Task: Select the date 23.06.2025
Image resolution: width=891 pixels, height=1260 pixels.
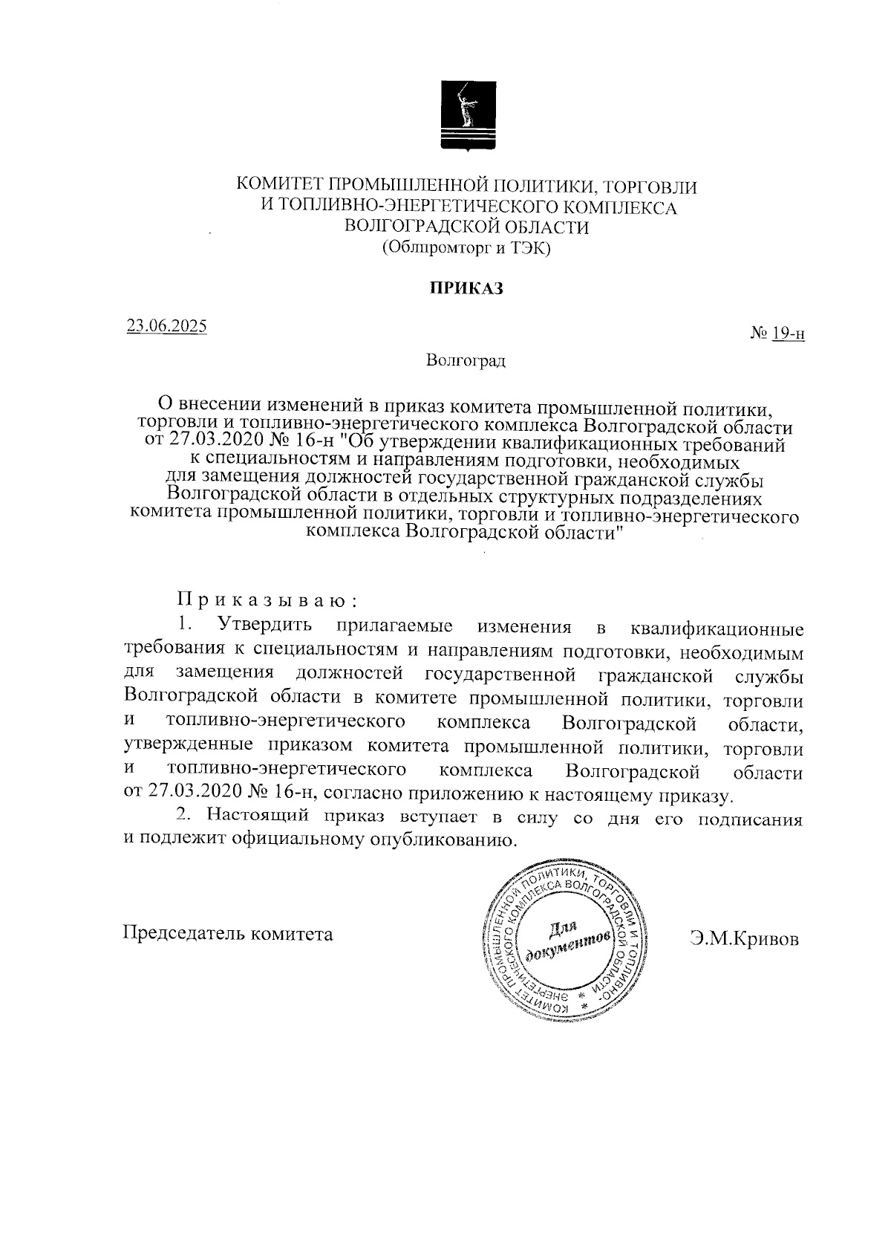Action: pos(167,326)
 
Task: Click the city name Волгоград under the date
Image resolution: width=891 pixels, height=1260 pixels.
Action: pos(466,361)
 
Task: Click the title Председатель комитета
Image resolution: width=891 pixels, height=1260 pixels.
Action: pos(228,933)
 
